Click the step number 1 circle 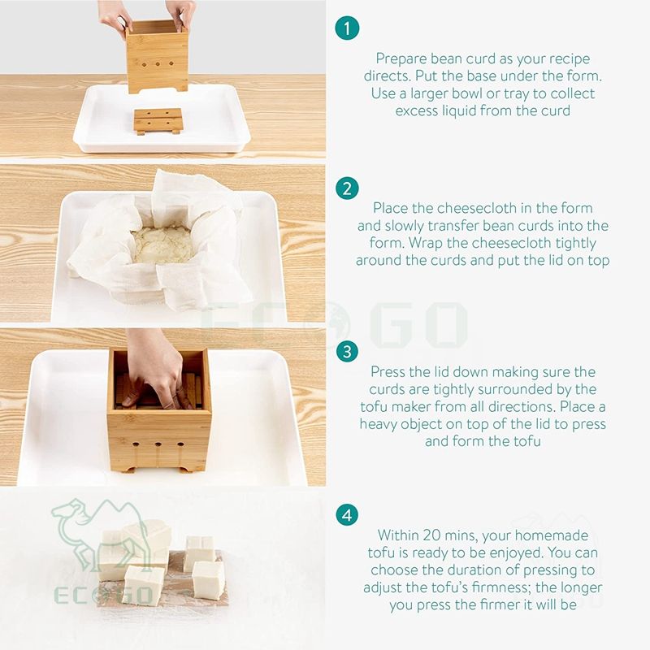[x=347, y=28]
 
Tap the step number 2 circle [x=347, y=188]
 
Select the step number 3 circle [x=347, y=352]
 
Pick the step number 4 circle [x=347, y=515]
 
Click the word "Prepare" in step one [x=401, y=59]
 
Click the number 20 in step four [x=430, y=535]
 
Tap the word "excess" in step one [x=416, y=111]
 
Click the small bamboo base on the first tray [x=158, y=121]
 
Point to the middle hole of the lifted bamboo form [x=158, y=64]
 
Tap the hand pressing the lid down [x=157, y=369]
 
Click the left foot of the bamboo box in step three [x=130, y=470]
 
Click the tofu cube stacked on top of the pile [x=148, y=535]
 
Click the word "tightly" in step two [x=575, y=243]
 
